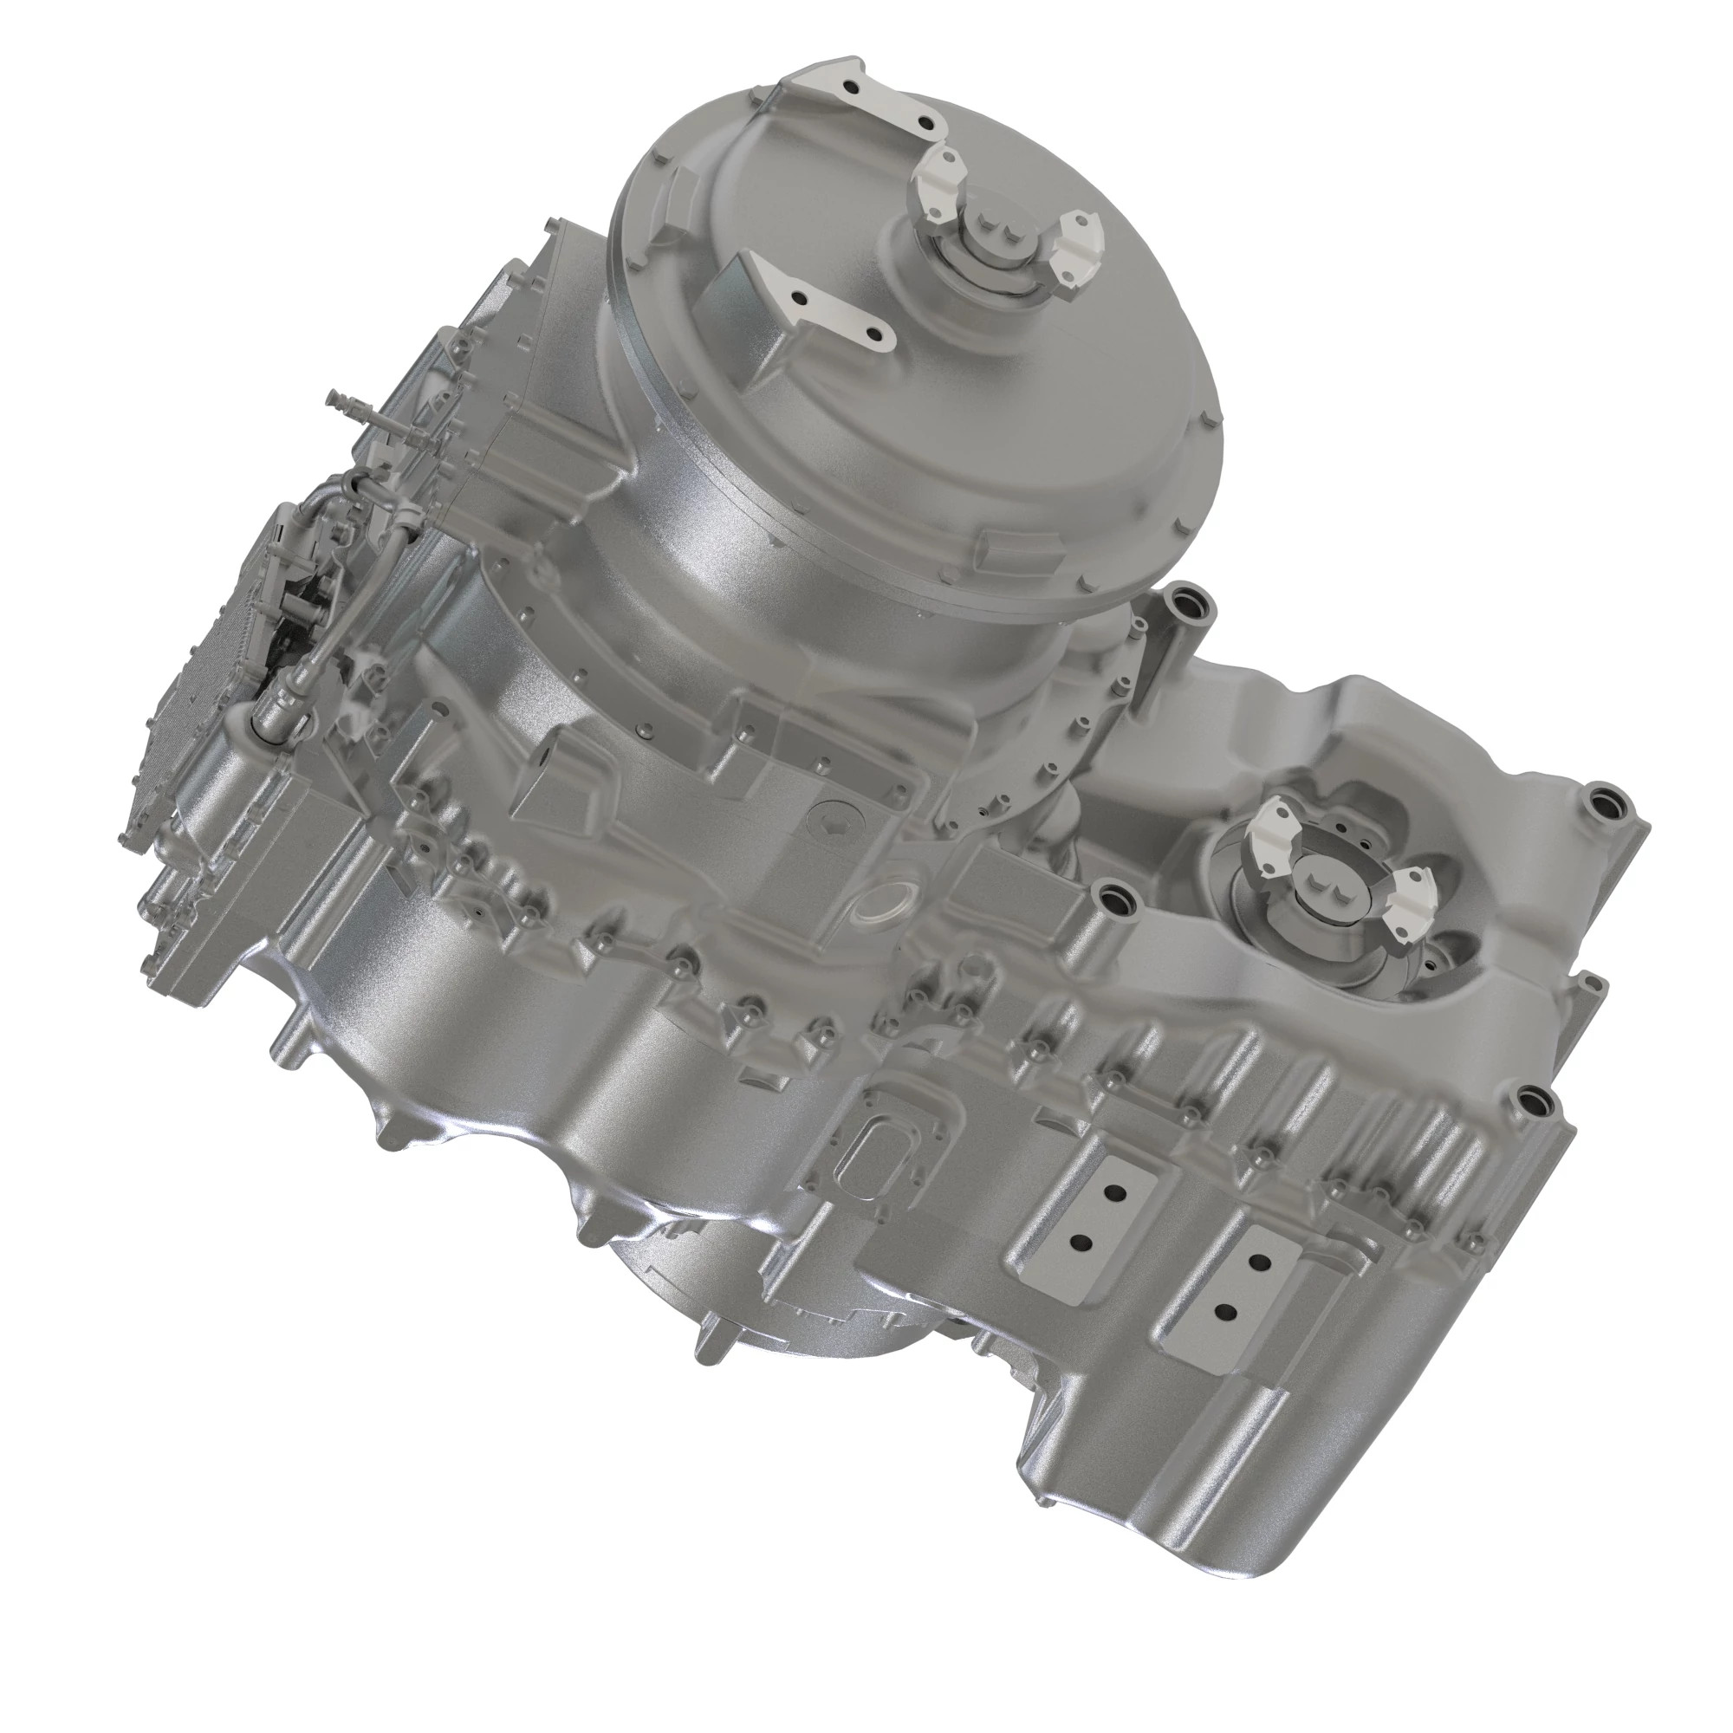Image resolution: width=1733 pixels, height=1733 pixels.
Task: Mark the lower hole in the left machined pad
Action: (x=1081, y=1243)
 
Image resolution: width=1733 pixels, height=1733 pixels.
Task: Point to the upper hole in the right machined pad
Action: (x=1260, y=1263)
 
